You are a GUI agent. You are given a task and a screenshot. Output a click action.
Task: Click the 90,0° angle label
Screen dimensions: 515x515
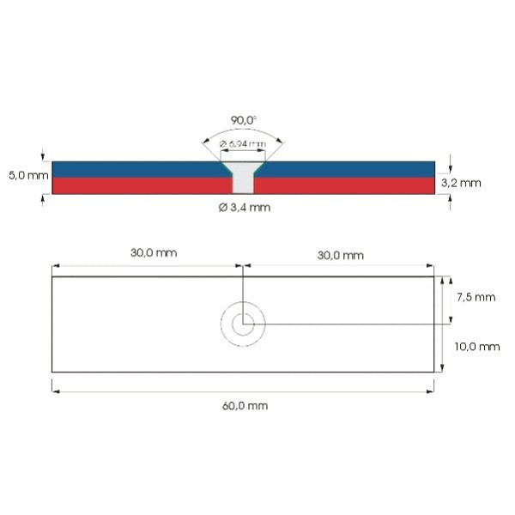243,119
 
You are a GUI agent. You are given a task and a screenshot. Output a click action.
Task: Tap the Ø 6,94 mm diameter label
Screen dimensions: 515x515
243,143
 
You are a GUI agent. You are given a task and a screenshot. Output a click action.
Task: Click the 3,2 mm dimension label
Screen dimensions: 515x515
461,183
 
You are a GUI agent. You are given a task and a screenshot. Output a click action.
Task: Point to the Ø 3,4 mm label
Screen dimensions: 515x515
244,207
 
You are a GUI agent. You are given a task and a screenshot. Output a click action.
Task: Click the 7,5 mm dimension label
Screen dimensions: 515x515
476,298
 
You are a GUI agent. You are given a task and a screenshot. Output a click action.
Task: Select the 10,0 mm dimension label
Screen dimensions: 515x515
477,347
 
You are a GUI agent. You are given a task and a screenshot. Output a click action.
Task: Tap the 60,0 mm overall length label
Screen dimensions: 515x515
244,405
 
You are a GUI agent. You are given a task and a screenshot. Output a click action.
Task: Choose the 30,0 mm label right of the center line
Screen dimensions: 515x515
340,255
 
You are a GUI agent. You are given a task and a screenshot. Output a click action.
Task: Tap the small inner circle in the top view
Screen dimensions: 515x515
243,324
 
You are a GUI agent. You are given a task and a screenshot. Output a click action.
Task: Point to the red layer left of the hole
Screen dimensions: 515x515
137,185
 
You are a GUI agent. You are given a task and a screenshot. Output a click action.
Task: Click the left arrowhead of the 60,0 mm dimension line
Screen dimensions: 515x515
56,391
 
